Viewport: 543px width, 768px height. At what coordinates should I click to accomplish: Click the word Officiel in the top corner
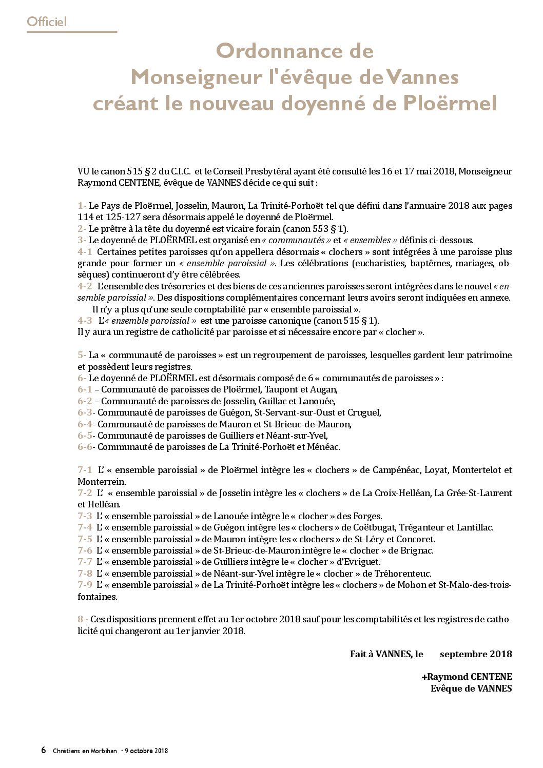47,22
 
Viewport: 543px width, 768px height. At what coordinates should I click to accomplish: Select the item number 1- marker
82,206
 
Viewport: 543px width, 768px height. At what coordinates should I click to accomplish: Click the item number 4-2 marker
85,286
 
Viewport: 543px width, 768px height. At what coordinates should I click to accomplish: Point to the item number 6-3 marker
86,412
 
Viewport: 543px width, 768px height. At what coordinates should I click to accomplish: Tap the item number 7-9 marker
85,585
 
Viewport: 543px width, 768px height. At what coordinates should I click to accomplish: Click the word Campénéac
396,470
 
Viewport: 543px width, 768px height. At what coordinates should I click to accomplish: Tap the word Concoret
416,539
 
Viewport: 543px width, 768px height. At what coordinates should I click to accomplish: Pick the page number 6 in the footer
44,750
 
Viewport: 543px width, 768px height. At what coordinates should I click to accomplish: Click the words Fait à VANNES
381,654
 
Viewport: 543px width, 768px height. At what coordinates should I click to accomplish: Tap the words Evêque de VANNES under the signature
471,688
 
